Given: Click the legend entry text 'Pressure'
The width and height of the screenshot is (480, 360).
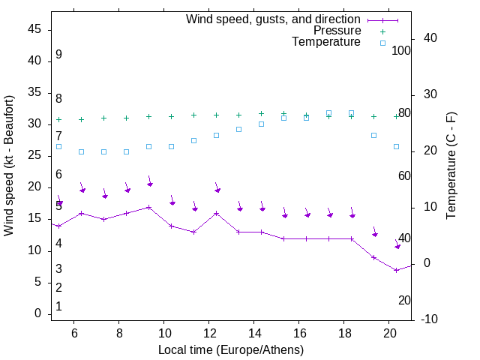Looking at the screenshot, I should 337,31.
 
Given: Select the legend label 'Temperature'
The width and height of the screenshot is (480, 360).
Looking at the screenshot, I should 326,42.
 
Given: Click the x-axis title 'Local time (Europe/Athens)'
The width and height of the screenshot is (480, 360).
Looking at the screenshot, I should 231,350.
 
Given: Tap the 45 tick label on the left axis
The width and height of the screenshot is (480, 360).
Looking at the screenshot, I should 34,29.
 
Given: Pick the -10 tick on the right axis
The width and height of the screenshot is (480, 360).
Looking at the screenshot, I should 430,319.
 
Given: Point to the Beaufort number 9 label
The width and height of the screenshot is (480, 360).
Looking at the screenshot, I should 58,55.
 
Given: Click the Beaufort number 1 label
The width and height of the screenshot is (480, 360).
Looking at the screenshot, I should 58,306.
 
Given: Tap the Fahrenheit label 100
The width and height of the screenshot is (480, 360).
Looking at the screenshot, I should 401,50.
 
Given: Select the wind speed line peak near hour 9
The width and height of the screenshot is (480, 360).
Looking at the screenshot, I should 149,207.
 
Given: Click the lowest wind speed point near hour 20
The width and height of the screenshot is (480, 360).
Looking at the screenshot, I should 397,270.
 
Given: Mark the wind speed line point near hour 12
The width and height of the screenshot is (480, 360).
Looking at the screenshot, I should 217,213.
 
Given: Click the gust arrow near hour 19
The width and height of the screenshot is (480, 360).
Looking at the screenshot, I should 375,233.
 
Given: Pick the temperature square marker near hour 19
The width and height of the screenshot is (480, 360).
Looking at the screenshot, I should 374,135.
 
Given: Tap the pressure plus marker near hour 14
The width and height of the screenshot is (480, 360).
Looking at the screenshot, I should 262,114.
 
